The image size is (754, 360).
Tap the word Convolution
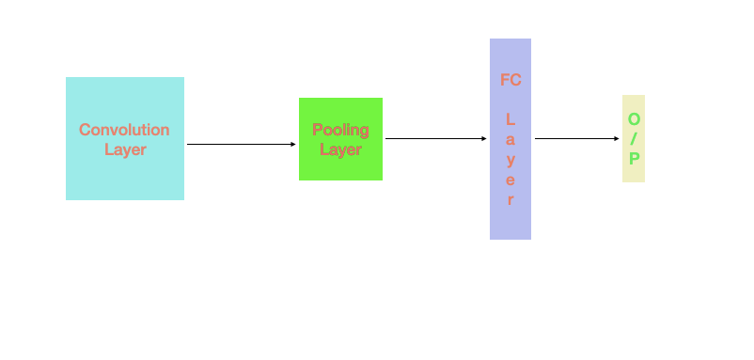(124, 130)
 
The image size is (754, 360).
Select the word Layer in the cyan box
(125, 149)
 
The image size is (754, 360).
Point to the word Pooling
(340, 130)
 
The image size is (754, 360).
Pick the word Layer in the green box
(340, 149)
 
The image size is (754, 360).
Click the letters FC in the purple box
(511, 80)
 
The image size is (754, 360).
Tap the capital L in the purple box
(511, 120)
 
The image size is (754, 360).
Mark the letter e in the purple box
(511, 180)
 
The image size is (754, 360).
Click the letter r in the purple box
(511, 199)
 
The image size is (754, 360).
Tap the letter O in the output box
(634, 119)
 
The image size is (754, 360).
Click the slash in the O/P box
(634, 139)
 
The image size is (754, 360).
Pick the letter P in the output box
(634, 159)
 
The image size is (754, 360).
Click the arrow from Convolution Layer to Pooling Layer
(241, 144)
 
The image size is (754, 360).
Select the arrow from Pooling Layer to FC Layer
(435, 138)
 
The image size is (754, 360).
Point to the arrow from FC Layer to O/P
(576, 138)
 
